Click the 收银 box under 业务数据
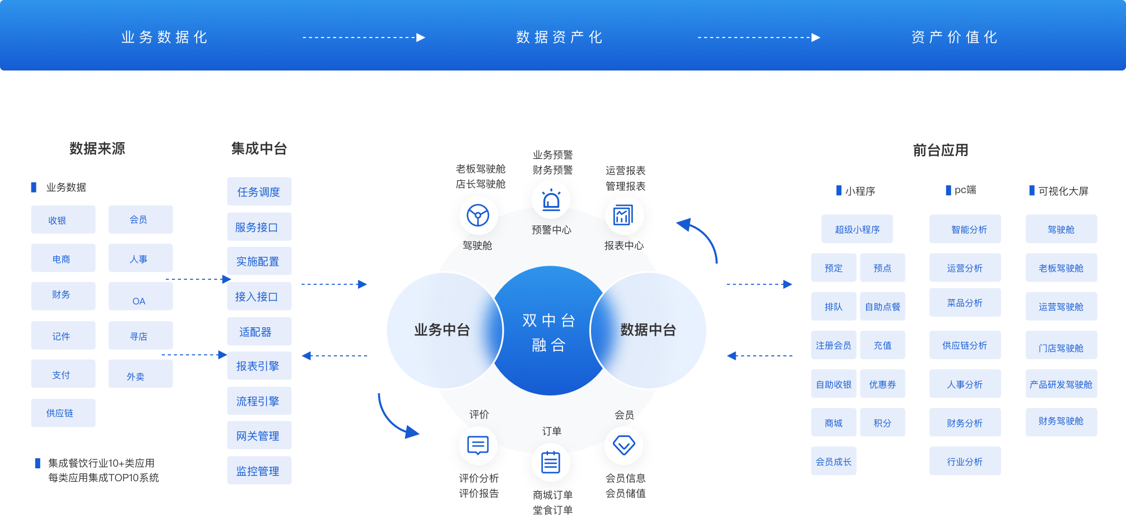pyautogui.click(x=63, y=219)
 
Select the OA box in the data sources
pyautogui.click(x=141, y=296)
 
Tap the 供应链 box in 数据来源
pyautogui.click(x=63, y=413)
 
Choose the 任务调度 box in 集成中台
pyautogui.click(x=259, y=191)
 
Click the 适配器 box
pyautogui.click(x=259, y=331)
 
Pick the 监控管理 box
pyautogui.click(x=259, y=471)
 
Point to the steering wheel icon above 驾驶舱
pyautogui.click(x=478, y=215)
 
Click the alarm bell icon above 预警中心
pyautogui.click(x=551, y=200)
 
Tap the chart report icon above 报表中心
pyautogui.click(x=624, y=215)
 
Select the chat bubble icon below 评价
pyautogui.click(x=478, y=445)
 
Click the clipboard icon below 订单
pyautogui.click(x=551, y=462)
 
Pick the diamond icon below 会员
pyautogui.click(x=624, y=445)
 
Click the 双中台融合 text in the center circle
pyautogui.click(x=549, y=332)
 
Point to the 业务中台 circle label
pyautogui.click(x=442, y=330)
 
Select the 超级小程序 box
pyautogui.click(x=857, y=229)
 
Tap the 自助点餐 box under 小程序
pyautogui.click(x=882, y=306)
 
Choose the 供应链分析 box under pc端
pyautogui.click(x=965, y=345)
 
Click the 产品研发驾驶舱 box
pyautogui.click(x=1061, y=384)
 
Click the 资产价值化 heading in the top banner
pyautogui.click(x=954, y=37)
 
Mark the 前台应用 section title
pyautogui.click(x=941, y=150)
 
